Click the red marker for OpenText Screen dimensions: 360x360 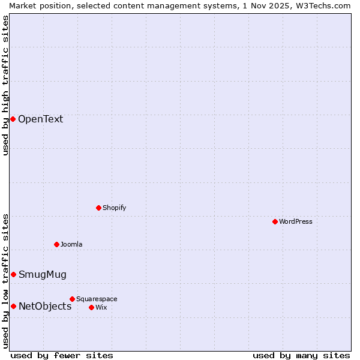(13, 119)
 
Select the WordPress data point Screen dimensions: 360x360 (275, 221)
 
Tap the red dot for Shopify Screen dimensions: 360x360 (98, 208)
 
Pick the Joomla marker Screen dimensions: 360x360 (56, 244)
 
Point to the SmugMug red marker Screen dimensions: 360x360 (13, 274)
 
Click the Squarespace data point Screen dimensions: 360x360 (72, 299)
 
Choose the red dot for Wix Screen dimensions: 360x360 (91, 307)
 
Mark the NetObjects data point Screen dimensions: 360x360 (13, 306)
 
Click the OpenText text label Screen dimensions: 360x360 (40, 119)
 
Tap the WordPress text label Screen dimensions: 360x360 (296, 221)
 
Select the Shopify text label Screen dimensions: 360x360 (114, 208)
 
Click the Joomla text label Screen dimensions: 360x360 (71, 244)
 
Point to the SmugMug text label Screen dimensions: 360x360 (42, 275)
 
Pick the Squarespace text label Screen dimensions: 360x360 (97, 299)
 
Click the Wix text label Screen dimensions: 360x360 (101, 307)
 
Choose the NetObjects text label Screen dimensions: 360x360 (45, 307)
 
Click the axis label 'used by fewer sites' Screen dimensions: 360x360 (62, 355)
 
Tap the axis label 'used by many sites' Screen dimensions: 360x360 (301, 355)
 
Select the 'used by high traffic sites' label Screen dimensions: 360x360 (6, 85)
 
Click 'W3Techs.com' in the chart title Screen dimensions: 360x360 (322, 5)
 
